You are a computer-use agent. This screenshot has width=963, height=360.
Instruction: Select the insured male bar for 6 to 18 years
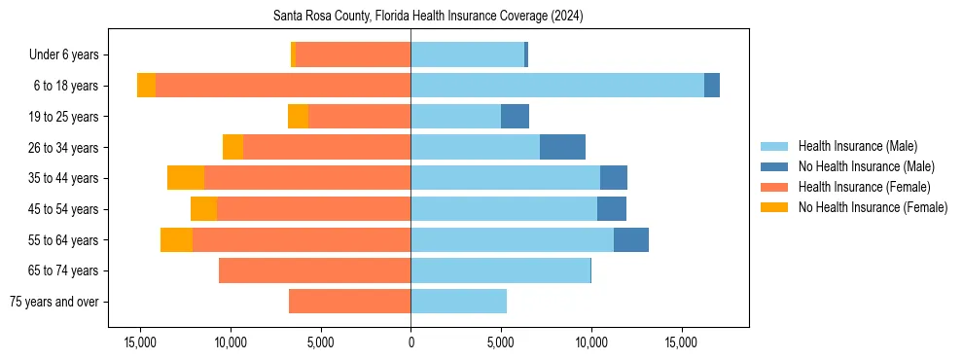pyautogui.click(x=557, y=86)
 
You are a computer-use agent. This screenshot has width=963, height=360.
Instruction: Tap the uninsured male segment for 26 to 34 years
pyautogui.click(x=562, y=147)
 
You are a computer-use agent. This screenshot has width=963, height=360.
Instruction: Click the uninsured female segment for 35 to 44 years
pyautogui.click(x=186, y=178)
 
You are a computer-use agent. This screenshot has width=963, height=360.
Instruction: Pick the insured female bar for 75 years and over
pyautogui.click(x=349, y=302)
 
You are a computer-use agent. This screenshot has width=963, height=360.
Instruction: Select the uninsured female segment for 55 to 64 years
pyautogui.click(x=176, y=239)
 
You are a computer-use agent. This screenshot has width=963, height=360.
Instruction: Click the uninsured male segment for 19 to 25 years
pyautogui.click(x=515, y=117)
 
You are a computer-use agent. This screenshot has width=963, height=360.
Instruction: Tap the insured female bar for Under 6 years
pyautogui.click(x=352, y=54)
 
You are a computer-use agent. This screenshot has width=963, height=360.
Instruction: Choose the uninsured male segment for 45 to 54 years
pyautogui.click(x=612, y=209)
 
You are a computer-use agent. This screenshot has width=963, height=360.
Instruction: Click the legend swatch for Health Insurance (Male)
pyautogui.click(x=774, y=146)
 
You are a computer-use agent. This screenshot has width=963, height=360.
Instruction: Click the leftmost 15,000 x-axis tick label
pyautogui.click(x=140, y=342)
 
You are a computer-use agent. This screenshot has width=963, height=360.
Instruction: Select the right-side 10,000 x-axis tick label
pyautogui.click(x=590, y=342)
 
